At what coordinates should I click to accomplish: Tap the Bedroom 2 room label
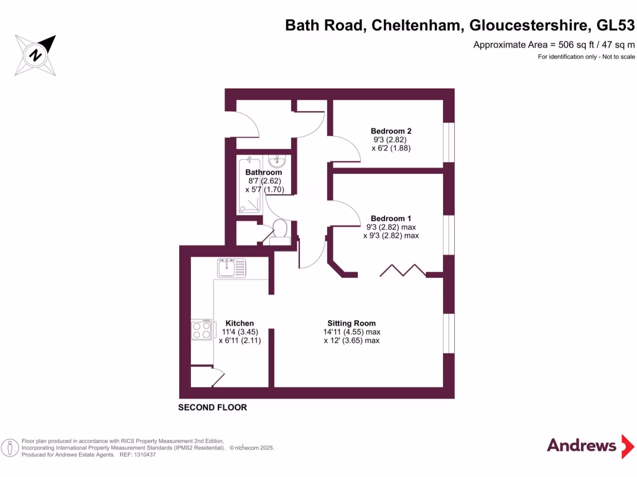point(391,131)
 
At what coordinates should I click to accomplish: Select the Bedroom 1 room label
point(391,218)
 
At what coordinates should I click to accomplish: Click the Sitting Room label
point(351,323)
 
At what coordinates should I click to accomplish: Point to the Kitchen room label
point(239,323)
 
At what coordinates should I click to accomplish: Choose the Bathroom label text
point(264,172)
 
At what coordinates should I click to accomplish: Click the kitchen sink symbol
point(231,268)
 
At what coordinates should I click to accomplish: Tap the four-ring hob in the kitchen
point(202,329)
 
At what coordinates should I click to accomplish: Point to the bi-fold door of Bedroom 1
point(403,270)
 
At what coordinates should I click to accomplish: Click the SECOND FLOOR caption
point(213,407)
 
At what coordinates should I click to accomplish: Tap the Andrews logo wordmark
point(581,445)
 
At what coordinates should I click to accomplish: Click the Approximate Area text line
point(554,44)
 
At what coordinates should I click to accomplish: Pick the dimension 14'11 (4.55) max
point(351,332)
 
